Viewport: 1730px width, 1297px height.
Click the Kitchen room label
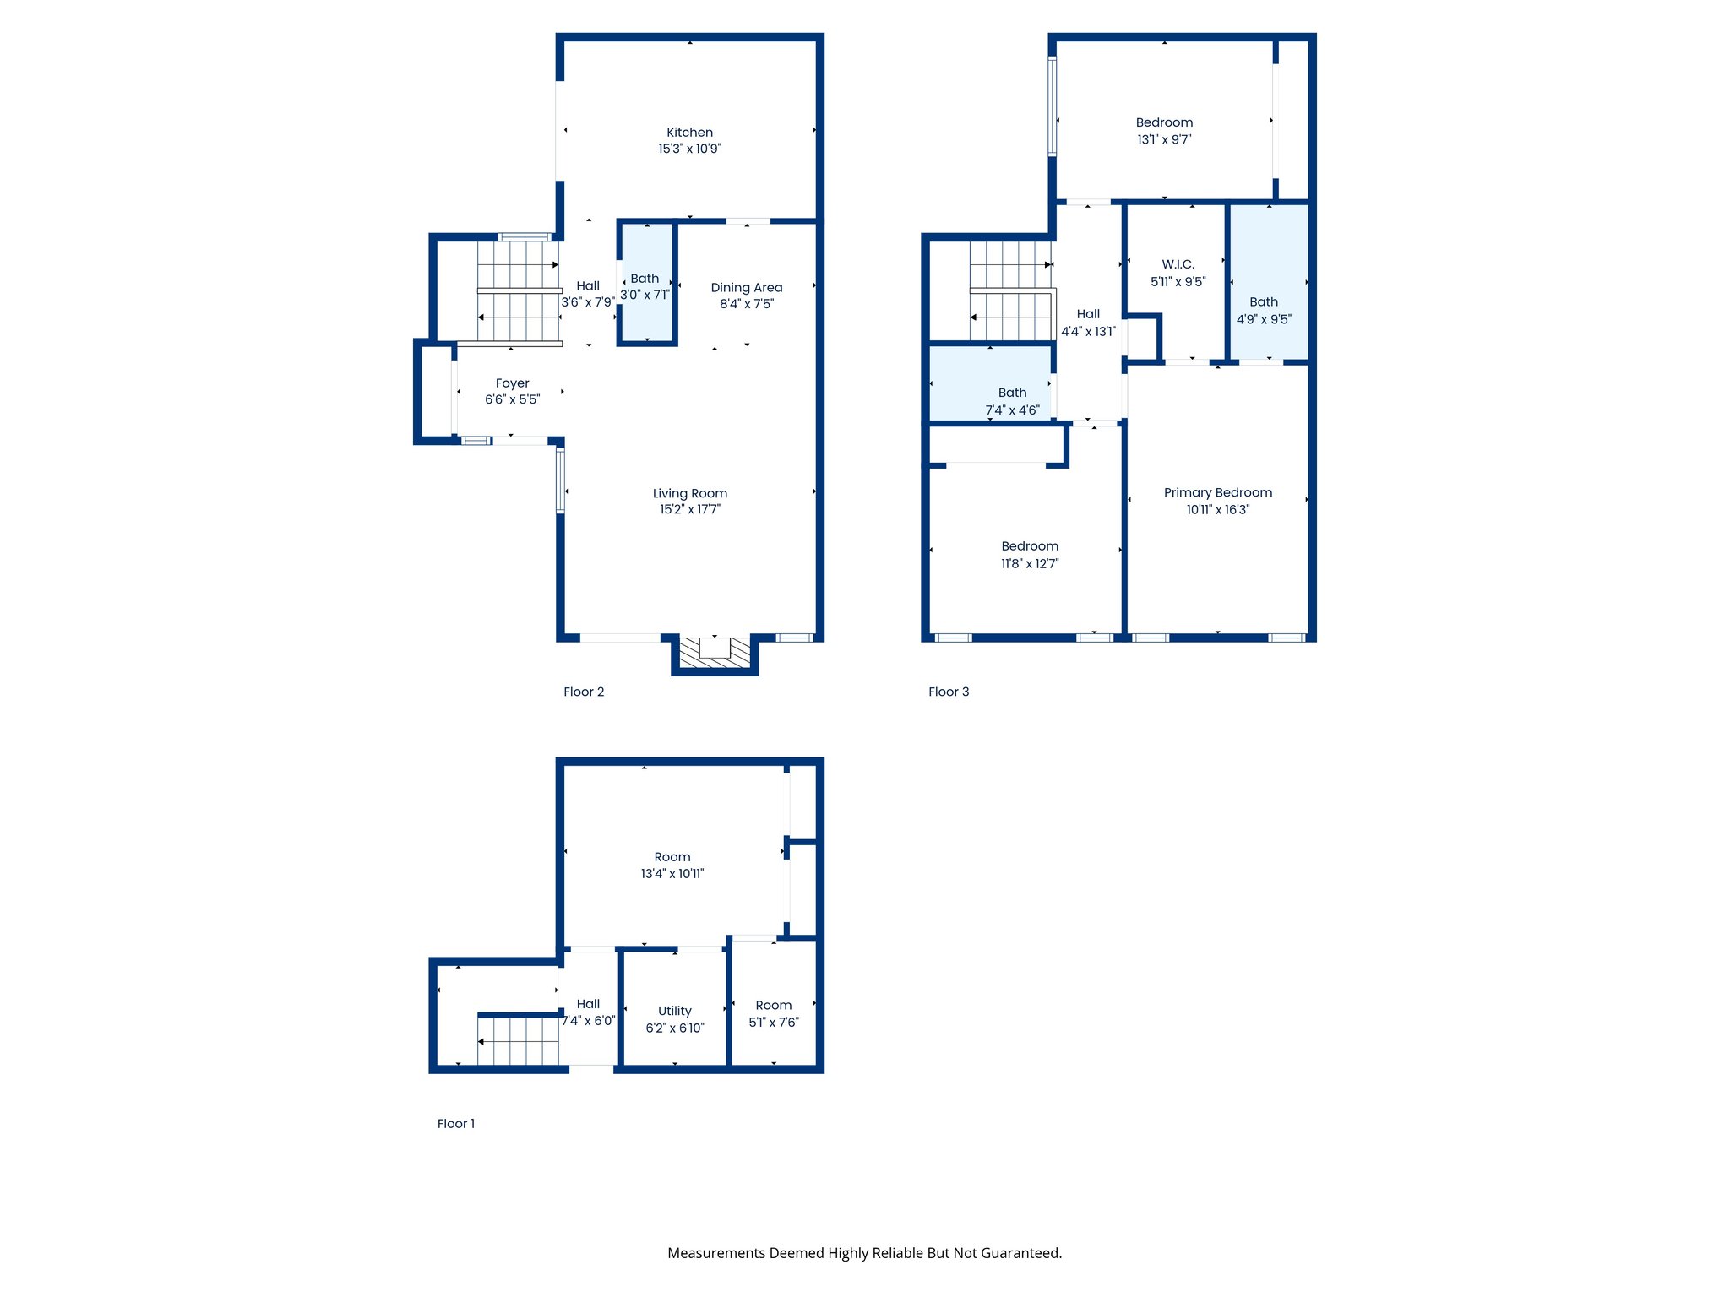click(x=689, y=133)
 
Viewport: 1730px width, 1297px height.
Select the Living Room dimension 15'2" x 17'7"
click(x=689, y=509)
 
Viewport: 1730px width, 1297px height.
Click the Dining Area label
click(x=746, y=288)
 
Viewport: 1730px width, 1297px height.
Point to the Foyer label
click(x=512, y=383)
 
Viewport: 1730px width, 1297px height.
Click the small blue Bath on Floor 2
click(x=646, y=284)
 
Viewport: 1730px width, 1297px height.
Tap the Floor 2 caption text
click(x=584, y=692)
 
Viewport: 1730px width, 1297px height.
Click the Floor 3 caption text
click(x=949, y=692)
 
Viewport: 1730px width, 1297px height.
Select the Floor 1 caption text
click(x=456, y=1123)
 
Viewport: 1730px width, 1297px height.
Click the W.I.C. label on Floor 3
click(x=1178, y=264)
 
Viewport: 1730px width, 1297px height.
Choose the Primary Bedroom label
click(x=1217, y=492)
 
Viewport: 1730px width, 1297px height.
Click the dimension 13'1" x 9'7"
click(x=1164, y=140)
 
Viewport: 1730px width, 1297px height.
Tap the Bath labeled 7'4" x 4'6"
click(x=1012, y=401)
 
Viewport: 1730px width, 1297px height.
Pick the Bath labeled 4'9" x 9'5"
click(x=1264, y=310)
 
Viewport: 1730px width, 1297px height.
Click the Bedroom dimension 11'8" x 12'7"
click(x=1030, y=564)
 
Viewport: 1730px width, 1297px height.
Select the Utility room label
click(x=674, y=1011)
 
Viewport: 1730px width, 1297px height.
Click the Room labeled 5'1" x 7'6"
click(x=774, y=1013)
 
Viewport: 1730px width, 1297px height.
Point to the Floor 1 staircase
click(x=518, y=1041)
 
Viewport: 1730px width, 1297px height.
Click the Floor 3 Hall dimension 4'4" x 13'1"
click(x=1088, y=332)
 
